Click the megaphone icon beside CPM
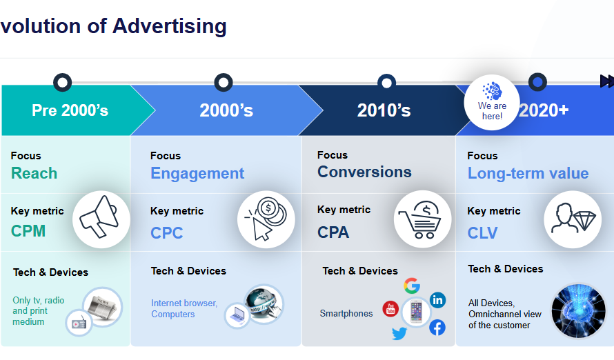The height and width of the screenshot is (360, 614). click(x=99, y=217)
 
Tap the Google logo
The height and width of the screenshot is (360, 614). click(x=412, y=286)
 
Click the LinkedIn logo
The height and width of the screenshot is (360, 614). click(x=437, y=300)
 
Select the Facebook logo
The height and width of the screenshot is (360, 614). click(x=437, y=328)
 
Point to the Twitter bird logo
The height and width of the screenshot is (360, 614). click(x=399, y=333)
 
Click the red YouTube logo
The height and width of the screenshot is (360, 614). click(x=390, y=309)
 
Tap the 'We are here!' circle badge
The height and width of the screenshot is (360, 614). click(x=492, y=102)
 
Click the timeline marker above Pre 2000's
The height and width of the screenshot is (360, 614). click(x=62, y=83)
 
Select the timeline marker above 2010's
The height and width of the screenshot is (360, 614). click(x=386, y=83)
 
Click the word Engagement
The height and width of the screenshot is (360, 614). click(x=197, y=173)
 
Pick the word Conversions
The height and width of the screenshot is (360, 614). click(x=364, y=172)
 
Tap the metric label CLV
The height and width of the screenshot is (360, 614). click(x=482, y=233)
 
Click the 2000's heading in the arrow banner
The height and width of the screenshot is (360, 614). click(x=226, y=110)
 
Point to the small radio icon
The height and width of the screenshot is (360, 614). click(x=79, y=323)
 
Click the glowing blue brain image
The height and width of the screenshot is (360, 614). click(x=578, y=311)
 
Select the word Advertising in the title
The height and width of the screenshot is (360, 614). click(x=170, y=27)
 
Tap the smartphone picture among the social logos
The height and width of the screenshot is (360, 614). click(x=416, y=312)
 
